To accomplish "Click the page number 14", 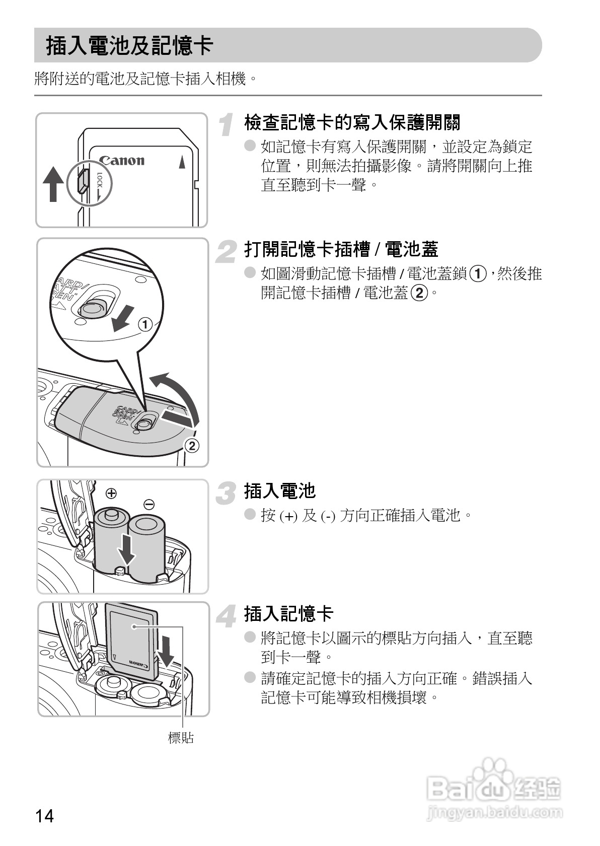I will click(44, 815).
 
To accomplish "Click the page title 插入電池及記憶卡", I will click(129, 45).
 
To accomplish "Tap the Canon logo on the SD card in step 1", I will click(121, 161).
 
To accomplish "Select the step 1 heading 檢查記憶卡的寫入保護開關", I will click(352, 122).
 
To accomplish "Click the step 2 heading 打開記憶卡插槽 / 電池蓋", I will click(341, 249).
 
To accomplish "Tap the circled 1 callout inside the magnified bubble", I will click(145, 324).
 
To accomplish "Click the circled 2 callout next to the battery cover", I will click(191, 446).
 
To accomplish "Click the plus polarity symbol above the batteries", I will click(111, 492).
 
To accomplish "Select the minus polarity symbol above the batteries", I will click(149, 504).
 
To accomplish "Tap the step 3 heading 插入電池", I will click(280, 490).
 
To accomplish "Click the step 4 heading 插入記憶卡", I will click(288, 614).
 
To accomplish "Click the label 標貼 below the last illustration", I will click(180, 738).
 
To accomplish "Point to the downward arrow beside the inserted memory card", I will click(166, 650).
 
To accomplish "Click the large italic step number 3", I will click(226, 493).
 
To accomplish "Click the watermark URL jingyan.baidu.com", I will click(494, 812).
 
